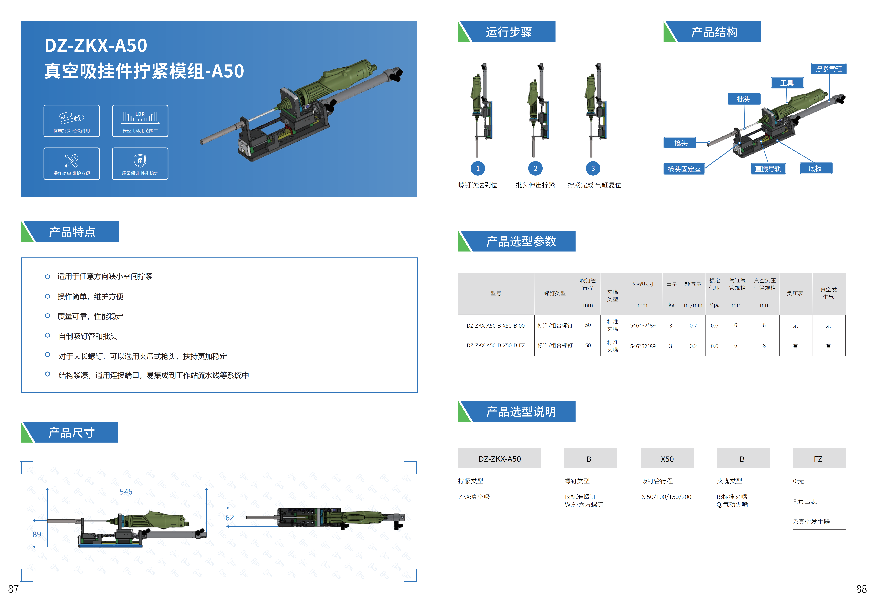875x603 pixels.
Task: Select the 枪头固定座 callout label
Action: pyautogui.click(x=684, y=169)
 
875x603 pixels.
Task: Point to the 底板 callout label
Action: pyautogui.click(x=815, y=168)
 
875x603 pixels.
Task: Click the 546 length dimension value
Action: pyautogui.click(x=126, y=492)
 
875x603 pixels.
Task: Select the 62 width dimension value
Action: pyautogui.click(x=229, y=518)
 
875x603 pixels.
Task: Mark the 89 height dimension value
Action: pyautogui.click(x=37, y=534)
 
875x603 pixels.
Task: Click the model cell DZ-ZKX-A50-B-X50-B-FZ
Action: pyautogui.click(x=495, y=345)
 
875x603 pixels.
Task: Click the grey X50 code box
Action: pyautogui.click(x=667, y=459)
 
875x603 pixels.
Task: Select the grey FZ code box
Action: pyautogui.click(x=818, y=459)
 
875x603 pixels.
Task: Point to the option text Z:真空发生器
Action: pyautogui.click(x=811, y=521)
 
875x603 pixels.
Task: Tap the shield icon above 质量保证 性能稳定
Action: pyautogui.click(x=140, y=161)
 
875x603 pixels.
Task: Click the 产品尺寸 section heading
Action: pyautogui.click(x=71, y=433)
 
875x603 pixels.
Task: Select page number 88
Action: pyautogui.click(x=861, y=589)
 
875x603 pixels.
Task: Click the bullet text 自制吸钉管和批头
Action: pyautogui.click(x=88, y=336)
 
